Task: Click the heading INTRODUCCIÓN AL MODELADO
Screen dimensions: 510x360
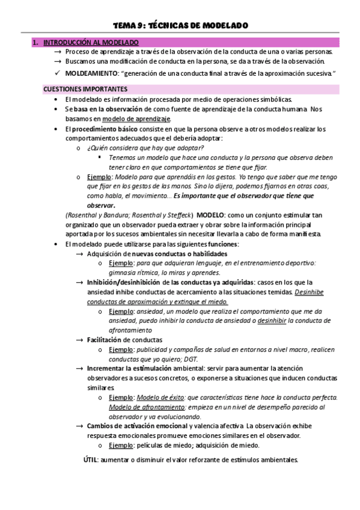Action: point(90,42)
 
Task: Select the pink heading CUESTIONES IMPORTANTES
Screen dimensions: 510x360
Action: point(82,89)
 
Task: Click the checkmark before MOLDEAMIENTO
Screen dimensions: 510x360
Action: point(57,73)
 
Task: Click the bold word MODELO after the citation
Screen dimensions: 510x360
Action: point(211,215)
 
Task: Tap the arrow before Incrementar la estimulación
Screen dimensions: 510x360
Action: point(79,369)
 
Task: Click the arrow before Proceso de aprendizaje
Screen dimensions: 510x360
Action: point(57,52)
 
